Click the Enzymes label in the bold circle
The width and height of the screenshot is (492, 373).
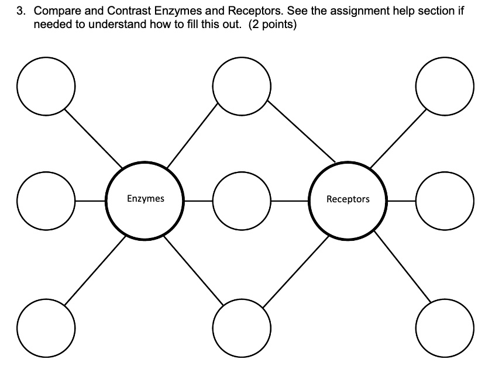tap(146, 199)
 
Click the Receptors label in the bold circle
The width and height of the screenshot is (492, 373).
tap(348, 199)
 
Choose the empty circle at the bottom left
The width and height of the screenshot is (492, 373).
tap(46, 325)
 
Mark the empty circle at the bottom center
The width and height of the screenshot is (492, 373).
tap(241, 325)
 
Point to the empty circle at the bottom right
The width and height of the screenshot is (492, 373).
tap(444, 325)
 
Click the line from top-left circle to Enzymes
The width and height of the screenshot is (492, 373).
tap(94, 138)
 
